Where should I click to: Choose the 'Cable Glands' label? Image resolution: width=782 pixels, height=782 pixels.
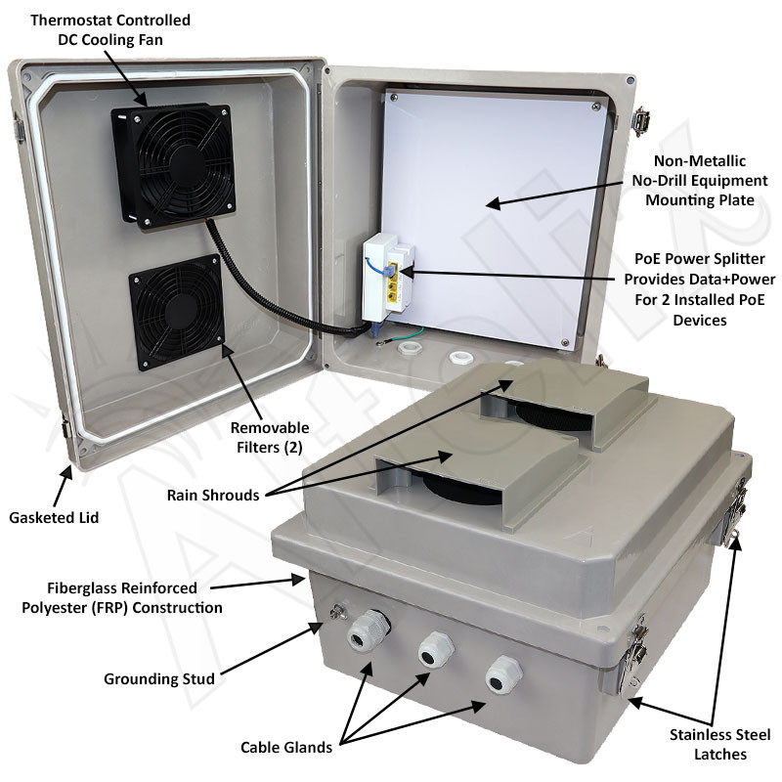tap(286, 748)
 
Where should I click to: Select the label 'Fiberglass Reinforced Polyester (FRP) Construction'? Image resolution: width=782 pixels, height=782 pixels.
tap(122, 597)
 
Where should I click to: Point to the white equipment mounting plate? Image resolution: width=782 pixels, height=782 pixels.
tap(494, 215)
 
